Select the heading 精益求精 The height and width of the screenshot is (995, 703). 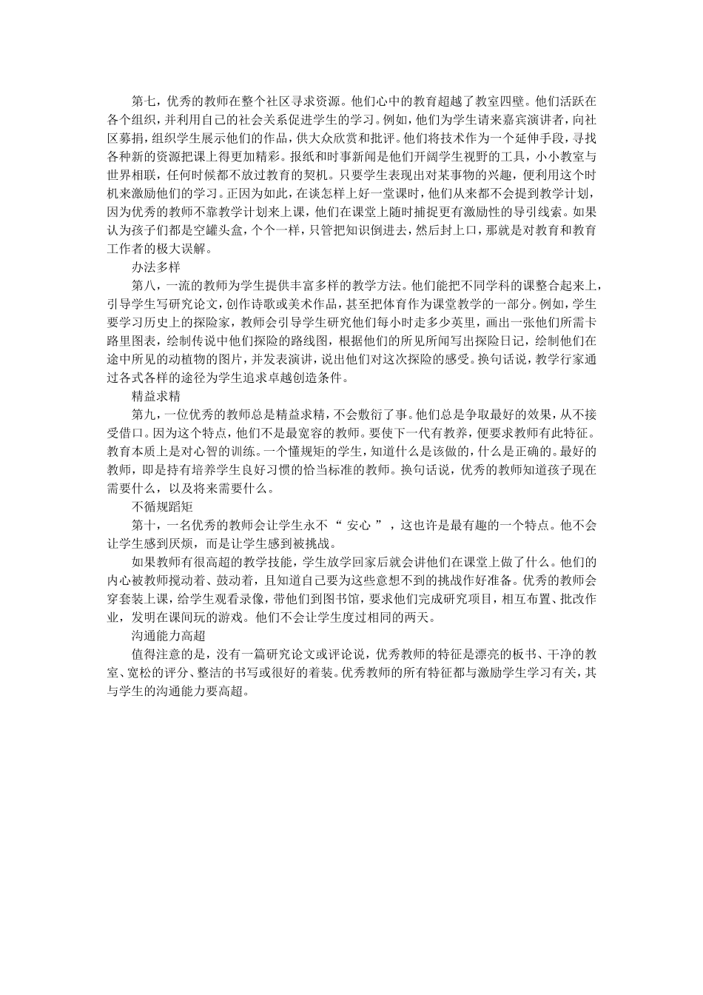(x=157, y=396)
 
